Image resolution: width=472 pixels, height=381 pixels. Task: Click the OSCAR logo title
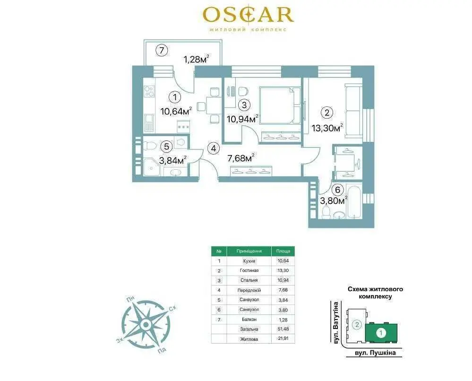pos(249,15)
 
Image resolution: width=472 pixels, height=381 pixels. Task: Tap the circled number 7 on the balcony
pos(162,50)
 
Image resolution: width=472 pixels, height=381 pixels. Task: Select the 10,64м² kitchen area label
pos(176,111)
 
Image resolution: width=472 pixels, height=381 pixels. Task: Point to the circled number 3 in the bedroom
pos(244,105)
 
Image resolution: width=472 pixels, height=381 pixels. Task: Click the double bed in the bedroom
pos(280,105)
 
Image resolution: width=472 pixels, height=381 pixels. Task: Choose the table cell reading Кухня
pos(249,261)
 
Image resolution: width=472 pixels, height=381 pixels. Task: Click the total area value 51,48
pos(283,329)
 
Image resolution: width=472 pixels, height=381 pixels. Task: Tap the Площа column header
pos(283,251)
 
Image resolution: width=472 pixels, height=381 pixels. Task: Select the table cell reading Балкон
pos(249,319)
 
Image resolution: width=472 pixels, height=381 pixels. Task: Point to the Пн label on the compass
pos(130,300)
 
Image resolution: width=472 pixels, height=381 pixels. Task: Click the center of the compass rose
pos(146,325)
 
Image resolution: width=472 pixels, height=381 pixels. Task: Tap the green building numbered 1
pos(381,333)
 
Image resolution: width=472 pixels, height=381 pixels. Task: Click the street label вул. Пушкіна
pos(374,352)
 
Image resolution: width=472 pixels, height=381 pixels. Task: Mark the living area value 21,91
pos(283,339)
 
